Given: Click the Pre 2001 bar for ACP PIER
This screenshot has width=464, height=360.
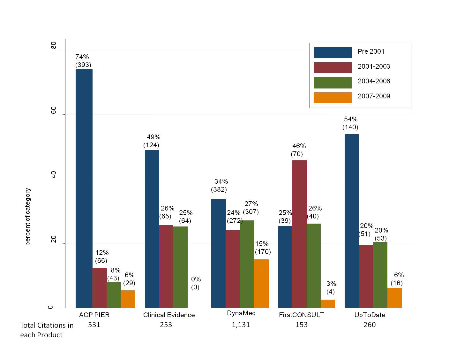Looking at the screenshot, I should pos(84,188).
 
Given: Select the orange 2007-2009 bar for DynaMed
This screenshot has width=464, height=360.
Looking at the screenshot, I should pos(261,284).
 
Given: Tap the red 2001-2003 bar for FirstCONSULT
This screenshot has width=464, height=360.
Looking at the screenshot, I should pos(299,234).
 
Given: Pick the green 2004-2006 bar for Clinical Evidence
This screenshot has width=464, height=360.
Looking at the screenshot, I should pos(180,267).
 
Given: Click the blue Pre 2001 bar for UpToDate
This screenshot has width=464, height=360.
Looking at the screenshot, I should pos(352,221).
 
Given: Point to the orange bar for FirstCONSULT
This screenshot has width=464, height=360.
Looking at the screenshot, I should pos(328,304).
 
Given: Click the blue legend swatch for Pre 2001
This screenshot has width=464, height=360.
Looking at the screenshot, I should pos(333,53).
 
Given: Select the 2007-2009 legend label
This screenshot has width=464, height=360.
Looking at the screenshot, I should pos(374,96).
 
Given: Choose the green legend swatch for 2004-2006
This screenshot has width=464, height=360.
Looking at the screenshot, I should pos(333,83).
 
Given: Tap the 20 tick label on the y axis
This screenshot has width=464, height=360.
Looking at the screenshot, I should pos(54,240).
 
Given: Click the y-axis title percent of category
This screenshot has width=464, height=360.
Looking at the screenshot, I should pos(28,217).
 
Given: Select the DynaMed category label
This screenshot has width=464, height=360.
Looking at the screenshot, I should pos(241,313).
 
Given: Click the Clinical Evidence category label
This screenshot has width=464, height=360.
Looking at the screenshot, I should pos(169,315).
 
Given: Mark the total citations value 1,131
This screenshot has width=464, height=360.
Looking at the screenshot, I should pos(241,325).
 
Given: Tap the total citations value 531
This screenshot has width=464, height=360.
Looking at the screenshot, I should pos(94,325).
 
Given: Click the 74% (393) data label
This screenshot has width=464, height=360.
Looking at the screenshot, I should pos(83,61).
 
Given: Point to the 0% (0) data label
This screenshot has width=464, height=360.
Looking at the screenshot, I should pos(196,283).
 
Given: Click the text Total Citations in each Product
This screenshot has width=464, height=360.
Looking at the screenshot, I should pos(47,330).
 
